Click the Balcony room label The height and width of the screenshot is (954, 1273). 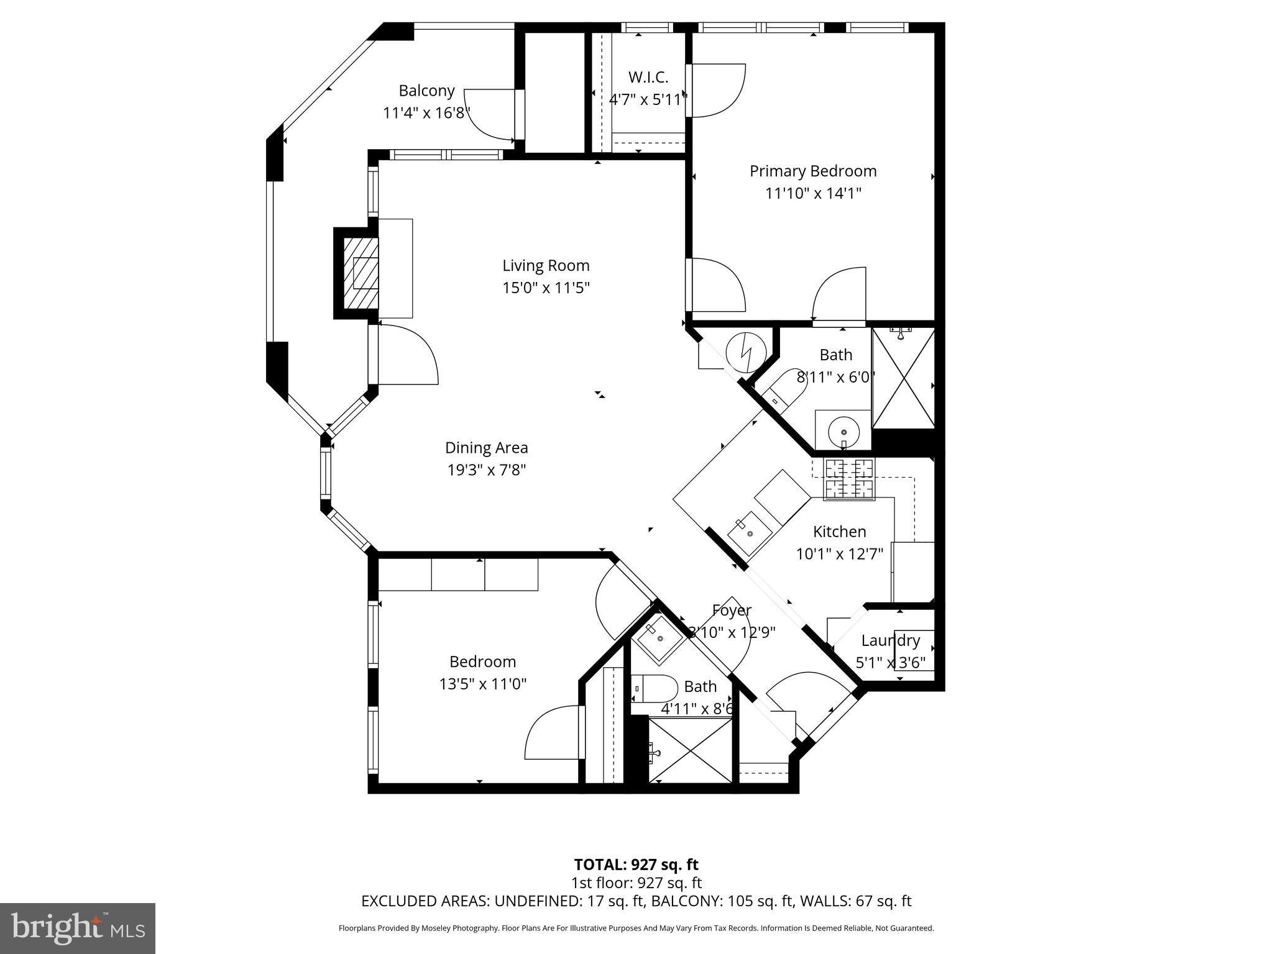point(426,91)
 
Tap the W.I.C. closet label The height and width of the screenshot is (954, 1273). point(648,78)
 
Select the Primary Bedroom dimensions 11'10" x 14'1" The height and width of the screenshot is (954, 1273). point(812,193)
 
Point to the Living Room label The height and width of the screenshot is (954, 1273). point(546,266)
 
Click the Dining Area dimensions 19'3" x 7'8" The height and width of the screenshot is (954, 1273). point(486,470)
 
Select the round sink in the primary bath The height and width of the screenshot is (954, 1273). point(843,430)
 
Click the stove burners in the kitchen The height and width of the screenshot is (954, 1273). point(848,479)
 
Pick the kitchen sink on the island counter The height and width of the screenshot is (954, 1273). point(748,532)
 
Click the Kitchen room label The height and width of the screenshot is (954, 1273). point(839,532)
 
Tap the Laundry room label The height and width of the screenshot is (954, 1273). point(890,640)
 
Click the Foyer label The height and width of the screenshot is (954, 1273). point(732,611)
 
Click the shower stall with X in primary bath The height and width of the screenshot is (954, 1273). point(903,378)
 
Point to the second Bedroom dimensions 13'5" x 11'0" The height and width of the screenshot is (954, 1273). point(482,684)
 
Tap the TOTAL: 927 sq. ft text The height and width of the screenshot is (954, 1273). point(636,865)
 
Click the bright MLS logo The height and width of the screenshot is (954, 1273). point(78,929)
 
